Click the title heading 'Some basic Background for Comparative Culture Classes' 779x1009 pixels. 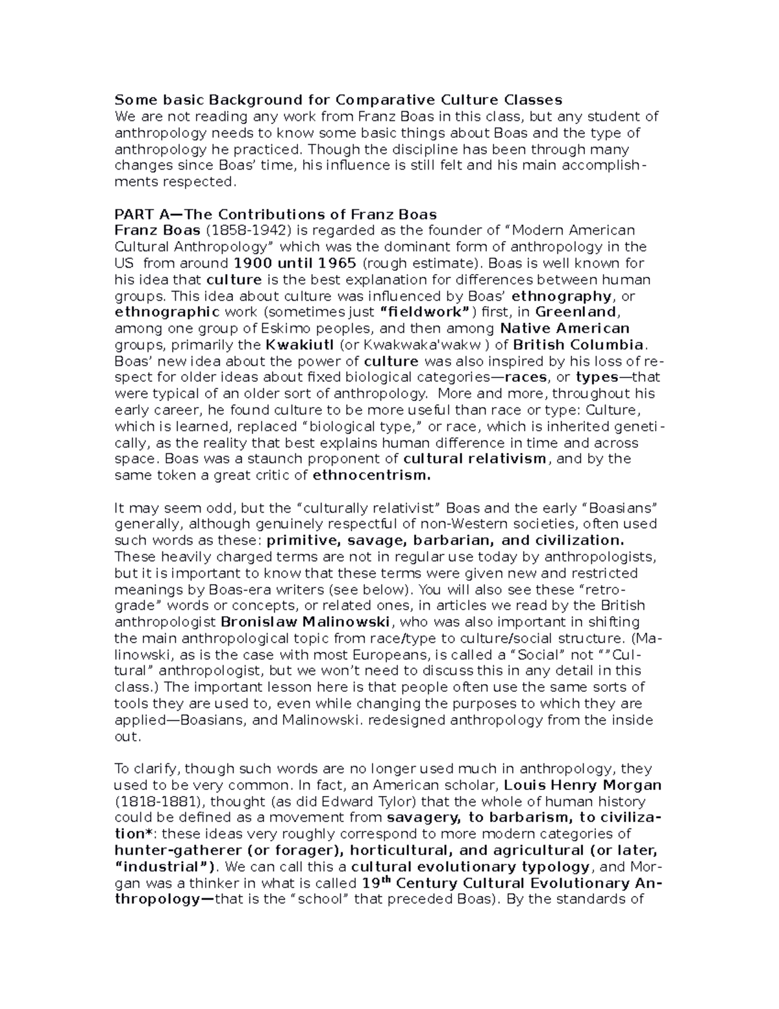[x=338, y=100]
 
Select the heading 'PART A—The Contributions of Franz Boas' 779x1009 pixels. [x=275, y=214]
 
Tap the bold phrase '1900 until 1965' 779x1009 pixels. [x=294, y=263]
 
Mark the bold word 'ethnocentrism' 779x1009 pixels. [x=371, y=475]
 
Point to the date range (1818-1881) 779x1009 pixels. [x=151, y=801]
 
